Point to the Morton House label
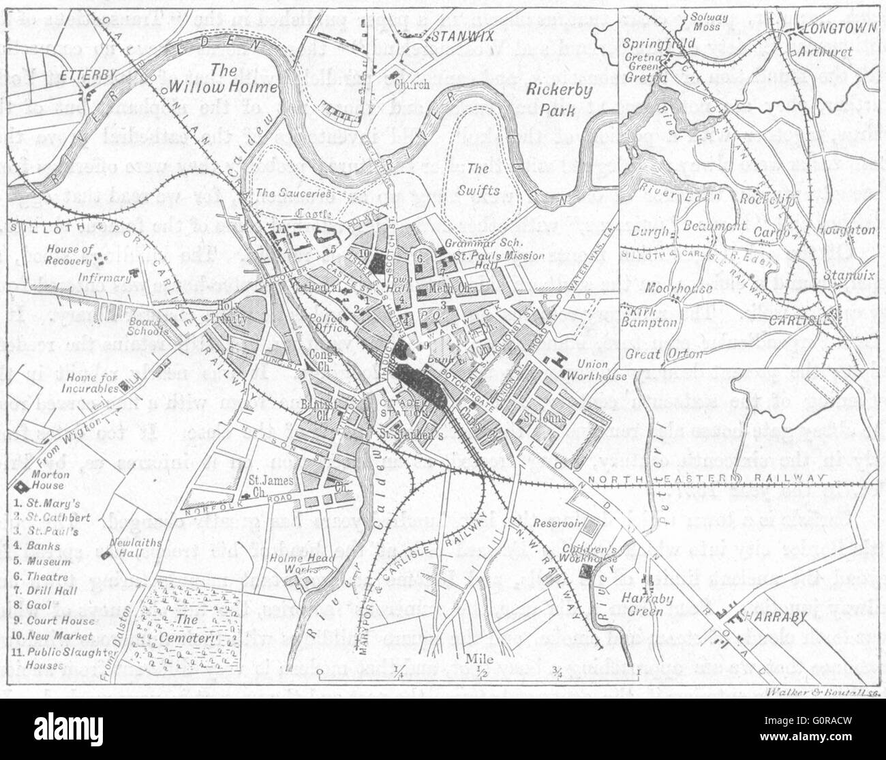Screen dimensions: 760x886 (x=48, y=481)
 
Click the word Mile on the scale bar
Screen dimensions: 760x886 (x=480, y=658)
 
